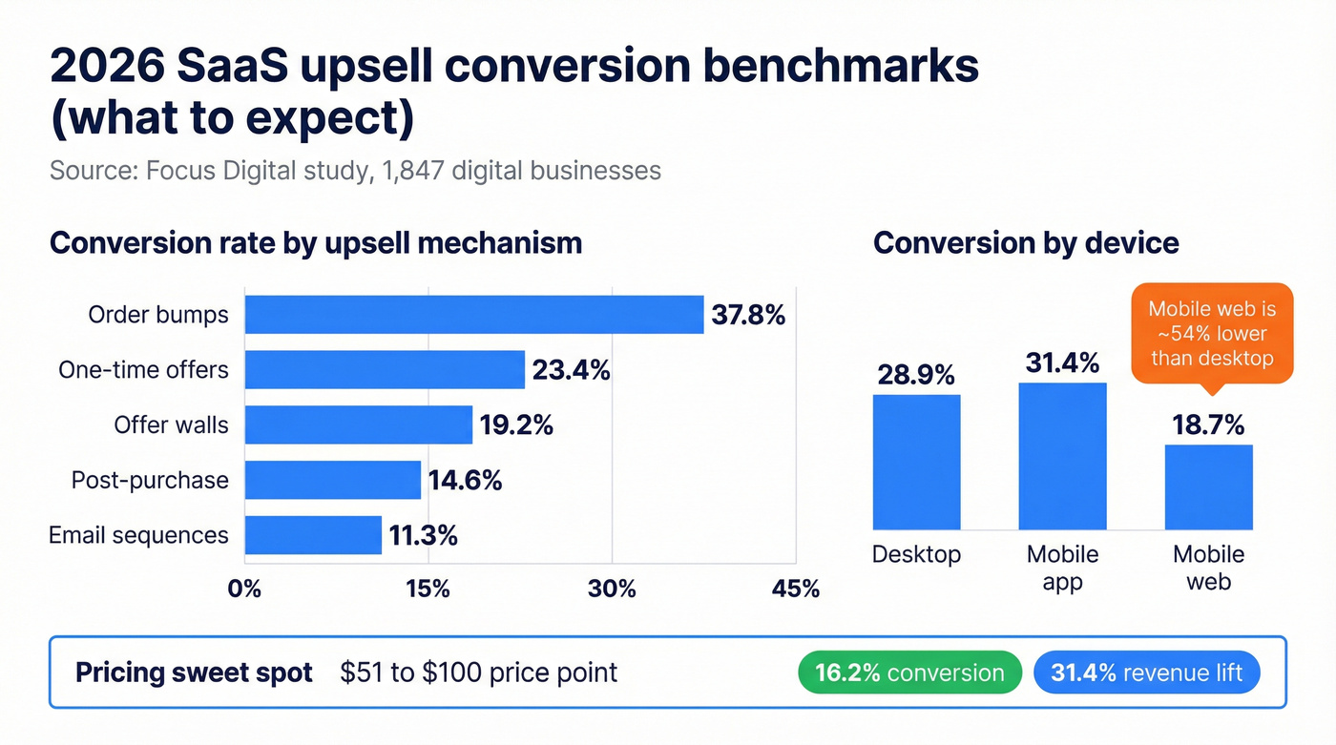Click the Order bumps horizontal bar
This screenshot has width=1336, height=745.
click(x=474, y=315)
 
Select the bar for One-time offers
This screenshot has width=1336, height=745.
click(x=385, y=370)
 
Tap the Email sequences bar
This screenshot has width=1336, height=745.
click(x=313, y=535)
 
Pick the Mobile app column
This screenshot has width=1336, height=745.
click(x=1062, y=456)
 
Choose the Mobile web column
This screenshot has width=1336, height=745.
click(x=1208, y=486)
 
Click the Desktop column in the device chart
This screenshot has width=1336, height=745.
click(x=916, y=462)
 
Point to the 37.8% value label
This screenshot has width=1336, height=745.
click(x=748, y=315)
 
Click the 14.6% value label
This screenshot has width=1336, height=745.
click(x=465, y=480)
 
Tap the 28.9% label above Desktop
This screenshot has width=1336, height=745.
click(x=916, y=375)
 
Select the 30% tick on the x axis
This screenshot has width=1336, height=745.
click(x=612, y=589)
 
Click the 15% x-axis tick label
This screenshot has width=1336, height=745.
click(x=428, y=589)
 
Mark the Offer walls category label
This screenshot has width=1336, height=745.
click(x=172, y=424)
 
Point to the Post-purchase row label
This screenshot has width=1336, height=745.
click(x=150, y=480)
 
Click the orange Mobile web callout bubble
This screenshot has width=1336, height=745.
click(x=1212, y=333)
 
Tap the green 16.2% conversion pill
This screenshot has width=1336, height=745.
click(x=909, y=673)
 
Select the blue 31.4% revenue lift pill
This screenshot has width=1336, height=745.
click(x=1146, y=673)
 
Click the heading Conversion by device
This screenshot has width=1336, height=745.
click(x=1026, y=242)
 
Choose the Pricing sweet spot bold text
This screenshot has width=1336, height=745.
click(x=194, y=673)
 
